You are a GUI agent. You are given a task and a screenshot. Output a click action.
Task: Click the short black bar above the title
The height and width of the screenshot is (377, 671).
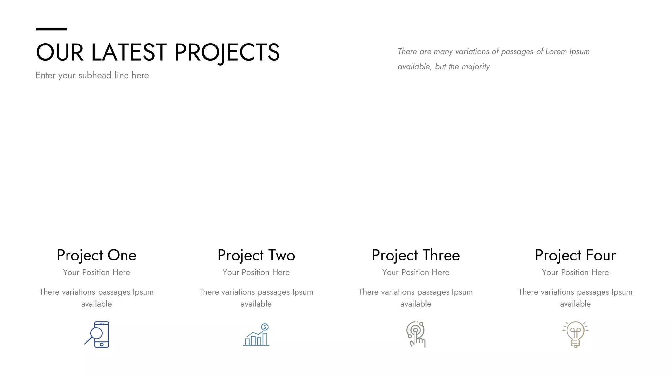click(x=51, y=29)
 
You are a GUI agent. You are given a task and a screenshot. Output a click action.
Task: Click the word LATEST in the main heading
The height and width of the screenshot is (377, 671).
click(x=129, y=52)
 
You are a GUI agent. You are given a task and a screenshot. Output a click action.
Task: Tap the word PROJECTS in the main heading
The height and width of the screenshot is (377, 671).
click(x=227, y=52)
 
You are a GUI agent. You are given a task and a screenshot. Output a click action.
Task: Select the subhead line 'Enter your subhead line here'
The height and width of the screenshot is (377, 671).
click(x=92, y=75)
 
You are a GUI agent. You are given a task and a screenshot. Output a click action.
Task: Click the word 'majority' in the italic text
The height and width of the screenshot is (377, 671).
click(x=475, y=67)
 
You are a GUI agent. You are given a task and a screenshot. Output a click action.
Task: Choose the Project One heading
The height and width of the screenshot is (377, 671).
click(x=96, y=255)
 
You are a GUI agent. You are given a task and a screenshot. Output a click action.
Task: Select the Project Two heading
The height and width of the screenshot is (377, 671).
click(x=256, y=255)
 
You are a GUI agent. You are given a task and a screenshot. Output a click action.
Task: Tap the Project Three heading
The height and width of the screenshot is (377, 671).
click(x=415, y=255)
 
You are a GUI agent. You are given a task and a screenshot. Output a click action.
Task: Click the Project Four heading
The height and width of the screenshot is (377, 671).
click(x=575, y=255)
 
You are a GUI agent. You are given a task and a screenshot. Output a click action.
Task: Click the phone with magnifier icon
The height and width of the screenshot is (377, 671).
click(x=97, y=334)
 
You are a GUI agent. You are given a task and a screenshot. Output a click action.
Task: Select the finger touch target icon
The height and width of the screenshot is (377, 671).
click(x=416, y=334)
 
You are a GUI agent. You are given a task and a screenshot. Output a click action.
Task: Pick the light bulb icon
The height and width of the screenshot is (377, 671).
click(x=575, y=334)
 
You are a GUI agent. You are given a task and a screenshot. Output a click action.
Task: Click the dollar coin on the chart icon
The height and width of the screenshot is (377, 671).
click(x=265, y=327)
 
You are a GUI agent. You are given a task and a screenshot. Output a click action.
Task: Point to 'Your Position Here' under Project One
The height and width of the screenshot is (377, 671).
click(x=96, y=272)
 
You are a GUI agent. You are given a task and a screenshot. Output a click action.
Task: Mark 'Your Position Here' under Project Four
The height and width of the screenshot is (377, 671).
click(x=575, y=272)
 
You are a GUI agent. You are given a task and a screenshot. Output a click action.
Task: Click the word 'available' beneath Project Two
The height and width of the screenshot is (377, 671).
click(x=256, y=304)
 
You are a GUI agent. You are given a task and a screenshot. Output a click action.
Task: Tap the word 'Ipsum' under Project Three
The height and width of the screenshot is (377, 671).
click(x=462, y=292)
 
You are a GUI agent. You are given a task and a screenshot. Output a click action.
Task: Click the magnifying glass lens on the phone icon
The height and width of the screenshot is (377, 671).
click(x=96, y=333)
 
